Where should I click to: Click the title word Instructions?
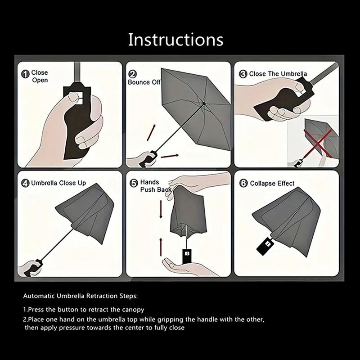point(175,40)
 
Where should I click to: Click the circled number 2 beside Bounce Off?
point(133,74)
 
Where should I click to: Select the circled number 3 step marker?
point(243,74)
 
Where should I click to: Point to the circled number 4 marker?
point(25,183)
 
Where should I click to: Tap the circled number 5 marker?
point(134,183)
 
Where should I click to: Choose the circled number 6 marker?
point(243,183)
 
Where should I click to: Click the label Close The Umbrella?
point(278,74)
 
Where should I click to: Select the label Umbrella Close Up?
point(58,183)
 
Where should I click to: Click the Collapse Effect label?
point(272,183)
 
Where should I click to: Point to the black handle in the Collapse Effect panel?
point(265,245)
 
